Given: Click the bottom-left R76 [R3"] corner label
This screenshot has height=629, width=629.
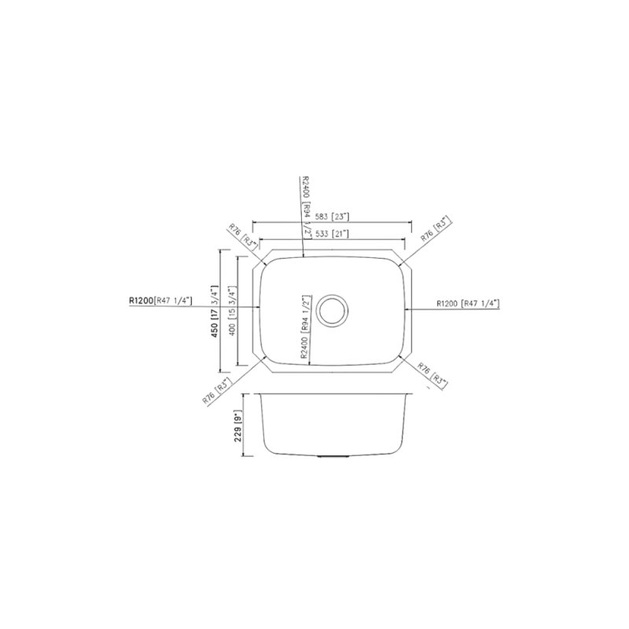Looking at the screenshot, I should pos(217,390).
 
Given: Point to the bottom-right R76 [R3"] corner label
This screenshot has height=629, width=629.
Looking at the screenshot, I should pos(433,376).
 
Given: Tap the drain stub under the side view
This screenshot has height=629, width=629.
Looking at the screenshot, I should pos(331,457).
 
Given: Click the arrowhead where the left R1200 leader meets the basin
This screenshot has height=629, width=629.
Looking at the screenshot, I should pos(259,307).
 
